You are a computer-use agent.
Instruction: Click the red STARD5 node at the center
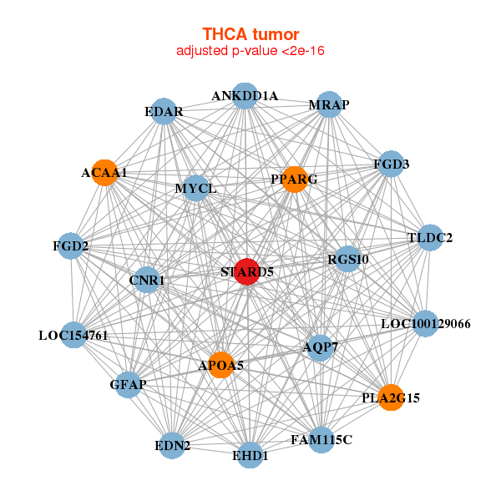click(245, 271)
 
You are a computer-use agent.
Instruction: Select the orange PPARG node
click(294, 180)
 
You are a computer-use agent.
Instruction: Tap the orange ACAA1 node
click(104, 173)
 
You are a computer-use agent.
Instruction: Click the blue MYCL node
click(196, 189)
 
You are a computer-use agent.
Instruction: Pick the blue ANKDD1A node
click(245, 96)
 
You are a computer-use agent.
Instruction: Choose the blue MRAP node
click(329, 104)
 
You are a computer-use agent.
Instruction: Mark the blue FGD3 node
click(391, 164)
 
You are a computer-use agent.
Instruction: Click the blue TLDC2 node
click(430, 238)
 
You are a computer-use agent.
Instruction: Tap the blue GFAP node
click(128, 384)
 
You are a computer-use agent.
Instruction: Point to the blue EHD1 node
click(250, 456)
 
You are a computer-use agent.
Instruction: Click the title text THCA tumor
click(250, 34)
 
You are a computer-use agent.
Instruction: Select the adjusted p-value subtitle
click(250, 51)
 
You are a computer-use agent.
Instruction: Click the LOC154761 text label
click(73, 337)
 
